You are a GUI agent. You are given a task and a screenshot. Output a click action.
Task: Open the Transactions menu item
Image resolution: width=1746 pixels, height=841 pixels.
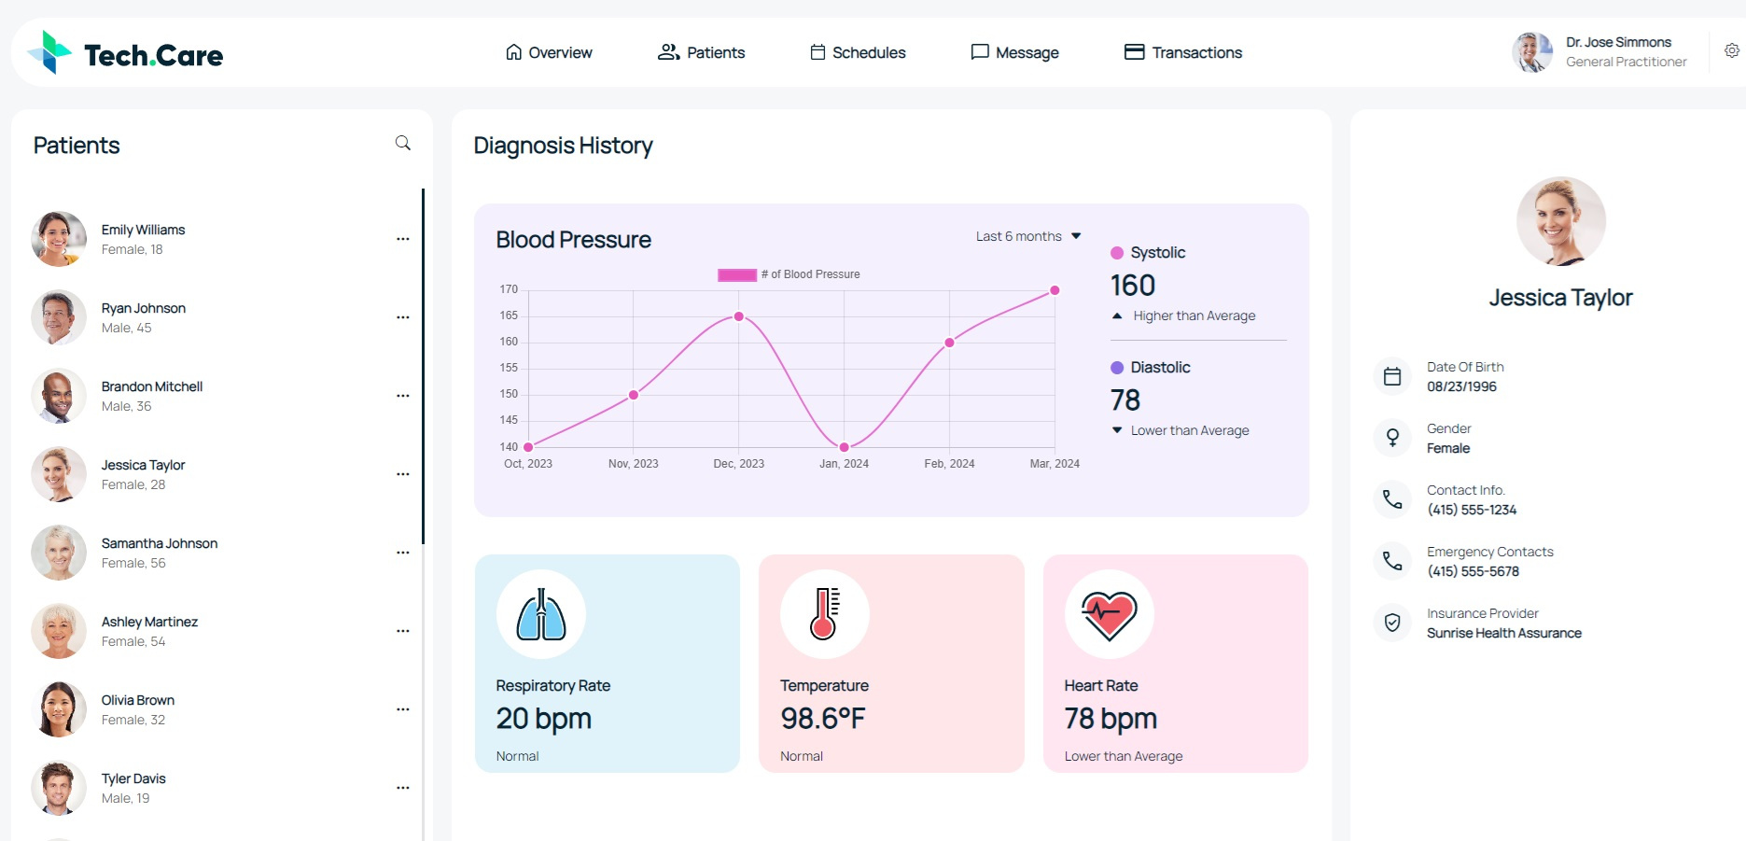[1182, 52]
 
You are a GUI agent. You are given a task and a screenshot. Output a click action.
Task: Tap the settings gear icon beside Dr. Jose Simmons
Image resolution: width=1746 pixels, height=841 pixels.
[1731, 50]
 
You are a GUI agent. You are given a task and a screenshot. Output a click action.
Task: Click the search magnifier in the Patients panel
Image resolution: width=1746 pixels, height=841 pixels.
[402, 143]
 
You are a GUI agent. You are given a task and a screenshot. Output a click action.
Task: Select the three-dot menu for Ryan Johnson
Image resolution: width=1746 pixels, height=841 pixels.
[402, 317]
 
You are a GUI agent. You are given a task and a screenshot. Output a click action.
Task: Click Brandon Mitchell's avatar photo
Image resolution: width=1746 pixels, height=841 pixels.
[58, 396]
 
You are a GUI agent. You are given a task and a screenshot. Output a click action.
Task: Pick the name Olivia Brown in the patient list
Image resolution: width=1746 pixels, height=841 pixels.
[137, 700]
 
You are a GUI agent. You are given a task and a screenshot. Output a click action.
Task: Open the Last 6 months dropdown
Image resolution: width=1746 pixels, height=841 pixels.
[1027, 236]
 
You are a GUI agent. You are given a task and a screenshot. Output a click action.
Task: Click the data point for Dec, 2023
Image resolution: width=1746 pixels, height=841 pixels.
[738, 316]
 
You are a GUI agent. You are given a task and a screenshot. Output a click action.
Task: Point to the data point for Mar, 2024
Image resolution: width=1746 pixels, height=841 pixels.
[1055, 290]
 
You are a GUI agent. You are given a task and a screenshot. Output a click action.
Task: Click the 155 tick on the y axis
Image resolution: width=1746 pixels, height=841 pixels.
[508, 368]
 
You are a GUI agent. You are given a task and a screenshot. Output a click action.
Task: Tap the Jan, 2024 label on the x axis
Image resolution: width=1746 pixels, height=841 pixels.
[844, 463]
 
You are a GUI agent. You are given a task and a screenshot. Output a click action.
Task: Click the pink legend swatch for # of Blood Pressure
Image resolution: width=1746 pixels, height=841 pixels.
[736, 274]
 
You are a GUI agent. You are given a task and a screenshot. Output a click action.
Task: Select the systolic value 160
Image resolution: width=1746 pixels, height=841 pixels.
[1132, 285]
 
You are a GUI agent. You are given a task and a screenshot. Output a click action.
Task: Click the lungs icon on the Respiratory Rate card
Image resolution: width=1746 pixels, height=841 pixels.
[541, 614]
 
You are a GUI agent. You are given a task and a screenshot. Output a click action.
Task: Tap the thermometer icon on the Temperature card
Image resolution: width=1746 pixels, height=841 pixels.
[824, 614]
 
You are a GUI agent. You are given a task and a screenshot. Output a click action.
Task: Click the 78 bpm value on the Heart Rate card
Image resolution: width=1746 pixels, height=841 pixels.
[1110, 718]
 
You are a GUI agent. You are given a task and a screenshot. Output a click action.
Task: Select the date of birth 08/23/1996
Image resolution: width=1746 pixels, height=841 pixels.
[1460, 386]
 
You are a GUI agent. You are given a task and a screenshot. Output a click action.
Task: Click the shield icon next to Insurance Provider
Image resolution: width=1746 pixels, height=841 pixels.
[1391, 623]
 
